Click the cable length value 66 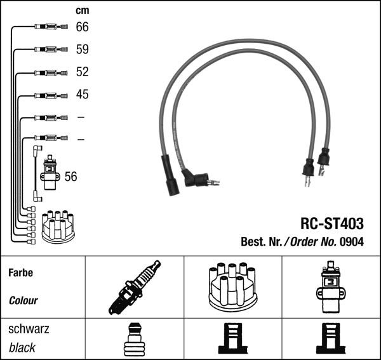83,27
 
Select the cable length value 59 83,49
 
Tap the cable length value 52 83,72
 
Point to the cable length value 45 83,95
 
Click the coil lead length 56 71,177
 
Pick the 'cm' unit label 83,10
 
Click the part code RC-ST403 331,224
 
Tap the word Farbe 20,273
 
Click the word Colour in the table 23,300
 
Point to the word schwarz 28,330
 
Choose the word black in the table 22,348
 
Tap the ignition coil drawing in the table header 330,287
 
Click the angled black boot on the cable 194,177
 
